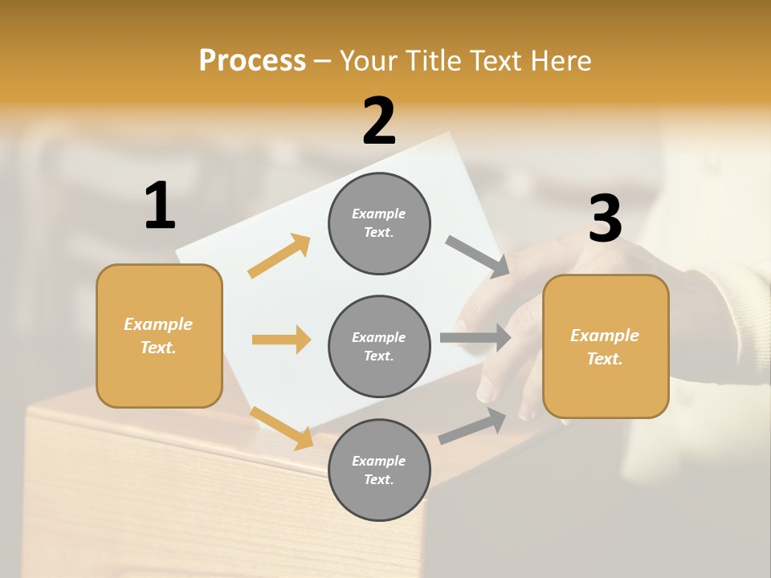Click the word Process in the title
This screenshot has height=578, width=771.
252,60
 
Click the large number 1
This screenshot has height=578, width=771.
160,206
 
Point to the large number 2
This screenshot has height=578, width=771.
379,121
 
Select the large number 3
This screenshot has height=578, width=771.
605,218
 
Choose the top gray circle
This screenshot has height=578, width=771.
379,223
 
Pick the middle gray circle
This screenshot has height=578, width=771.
379,346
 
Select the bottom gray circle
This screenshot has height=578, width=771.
379,470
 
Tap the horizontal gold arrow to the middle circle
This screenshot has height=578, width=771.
281,340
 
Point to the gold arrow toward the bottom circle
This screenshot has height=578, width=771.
281,427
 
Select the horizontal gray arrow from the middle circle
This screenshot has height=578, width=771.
475,337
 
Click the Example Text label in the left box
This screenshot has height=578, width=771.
158,336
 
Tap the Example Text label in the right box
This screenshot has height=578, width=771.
605,347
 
